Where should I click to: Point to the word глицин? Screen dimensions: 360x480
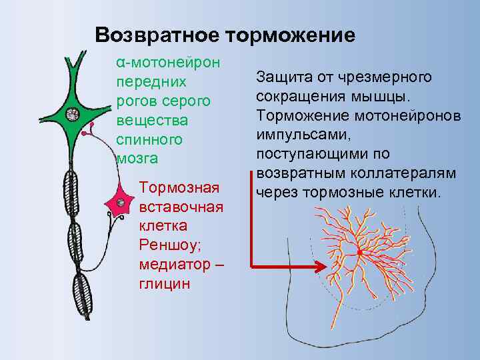pyautogui.click(x=165, y=283)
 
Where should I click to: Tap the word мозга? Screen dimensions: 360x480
pyautogui.click(x=137, y=159)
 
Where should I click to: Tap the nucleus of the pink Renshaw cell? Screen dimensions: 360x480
pyautogui.click(x=121, y=202)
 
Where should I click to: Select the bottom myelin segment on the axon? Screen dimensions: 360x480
pyautogui.click(x=83, y=297)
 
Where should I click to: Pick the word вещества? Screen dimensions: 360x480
pyautogui.click(x=152, y=121)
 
